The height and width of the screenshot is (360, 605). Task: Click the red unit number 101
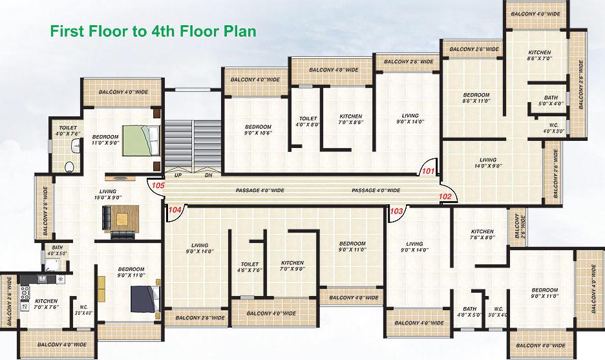(x=428, y=171)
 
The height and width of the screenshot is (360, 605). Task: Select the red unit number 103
(x=397, y=211)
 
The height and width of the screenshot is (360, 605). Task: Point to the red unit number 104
(x=175, y=209)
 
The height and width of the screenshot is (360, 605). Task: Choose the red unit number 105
(x=157, y=185)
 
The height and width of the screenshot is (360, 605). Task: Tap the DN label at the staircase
(x=208, y=175)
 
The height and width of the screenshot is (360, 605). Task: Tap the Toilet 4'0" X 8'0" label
(x=308, y=122)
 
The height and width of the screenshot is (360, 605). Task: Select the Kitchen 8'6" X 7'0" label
(x=539, y=56)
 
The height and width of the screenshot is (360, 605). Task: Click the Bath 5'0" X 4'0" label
(x=551, y=100)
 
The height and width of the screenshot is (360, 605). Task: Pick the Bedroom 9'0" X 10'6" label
(x=258, y=130)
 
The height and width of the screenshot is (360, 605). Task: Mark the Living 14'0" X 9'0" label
(x=488, y=163)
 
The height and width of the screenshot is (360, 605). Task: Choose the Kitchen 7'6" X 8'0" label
(x=482, y=235)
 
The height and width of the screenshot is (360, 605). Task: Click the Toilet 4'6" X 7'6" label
(x=249, y=268)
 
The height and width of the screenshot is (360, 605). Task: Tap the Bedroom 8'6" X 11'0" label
(x=476, y=98)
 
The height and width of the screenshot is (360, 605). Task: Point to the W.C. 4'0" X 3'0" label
(x=553, y=128)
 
